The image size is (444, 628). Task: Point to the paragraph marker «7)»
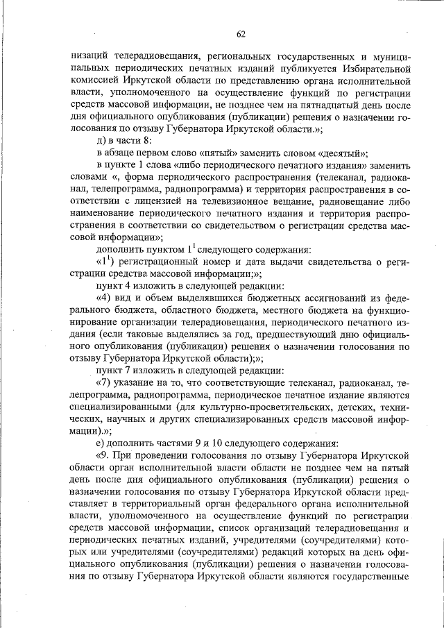click(103, 384)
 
